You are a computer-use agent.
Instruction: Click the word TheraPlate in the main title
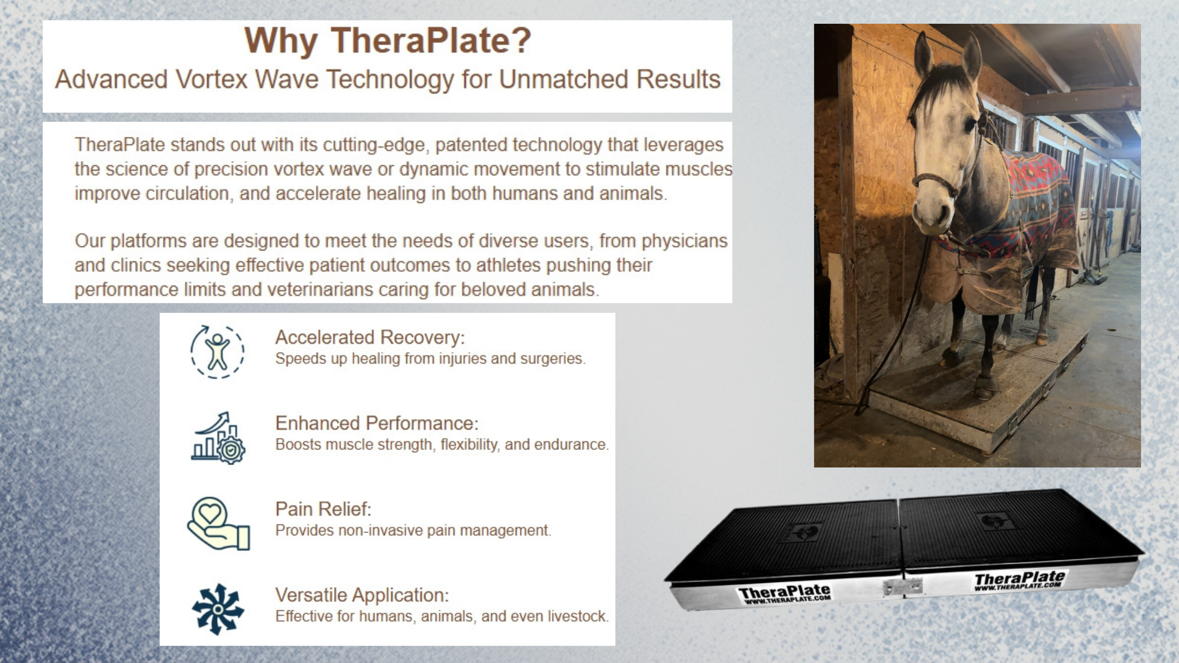pos(430,41)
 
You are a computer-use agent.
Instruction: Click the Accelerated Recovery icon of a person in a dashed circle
pos(218,352)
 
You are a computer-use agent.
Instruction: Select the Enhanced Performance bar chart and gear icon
pos(218,438)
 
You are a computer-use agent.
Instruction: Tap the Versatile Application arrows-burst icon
pos(218,609)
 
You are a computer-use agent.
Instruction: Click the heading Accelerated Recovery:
pos(370,338)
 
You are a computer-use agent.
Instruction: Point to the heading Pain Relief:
pos(323,509)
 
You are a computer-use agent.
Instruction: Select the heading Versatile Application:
pos(362,595)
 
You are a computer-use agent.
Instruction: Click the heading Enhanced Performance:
pos(377,423)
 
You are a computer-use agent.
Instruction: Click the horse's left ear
pos(922,53)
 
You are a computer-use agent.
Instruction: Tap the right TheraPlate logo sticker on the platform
pos(1020,581)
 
